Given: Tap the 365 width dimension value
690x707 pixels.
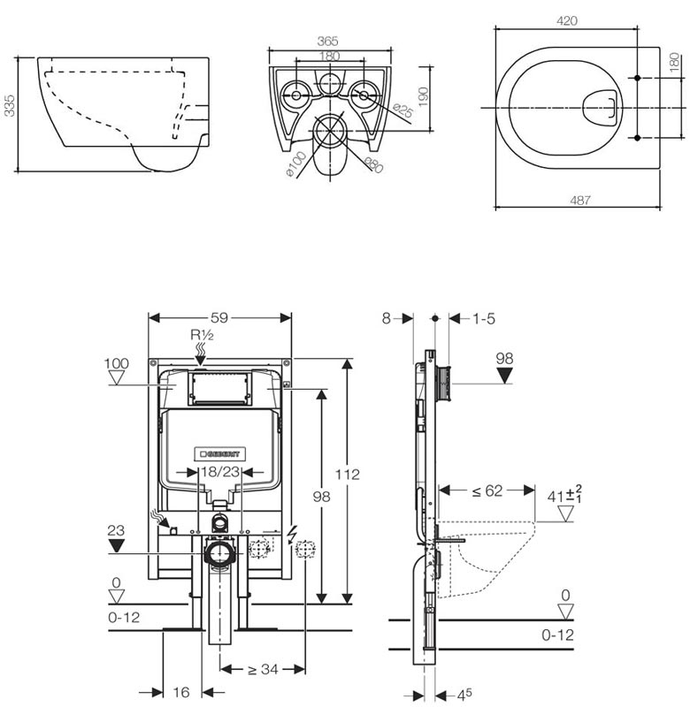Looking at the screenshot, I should point(328,41).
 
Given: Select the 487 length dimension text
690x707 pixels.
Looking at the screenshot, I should point(579,201).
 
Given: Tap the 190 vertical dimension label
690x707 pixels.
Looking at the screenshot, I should point(423,95).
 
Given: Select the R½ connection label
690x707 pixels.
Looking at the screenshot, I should point(201,334).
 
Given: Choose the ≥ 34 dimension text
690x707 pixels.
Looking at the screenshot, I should point(262,670).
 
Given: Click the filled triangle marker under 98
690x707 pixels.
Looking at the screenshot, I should point(505,374).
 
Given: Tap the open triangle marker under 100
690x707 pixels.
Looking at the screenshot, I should point(116,377).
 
